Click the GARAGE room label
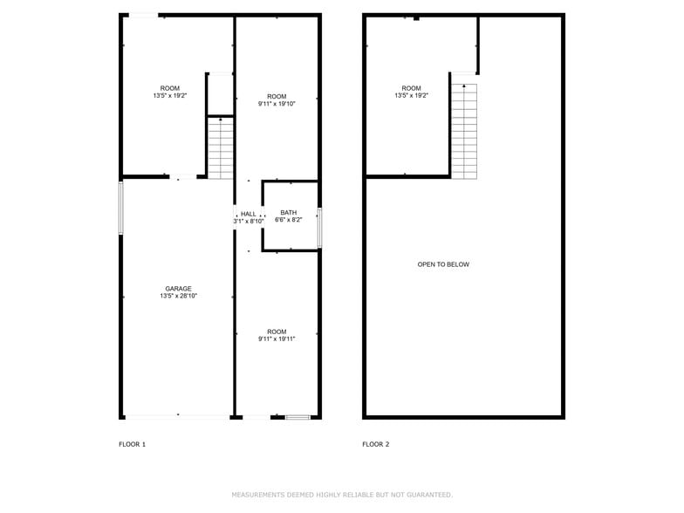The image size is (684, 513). pos(179,289)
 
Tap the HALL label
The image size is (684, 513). pos(249,214)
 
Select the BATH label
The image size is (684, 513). pos(289,213)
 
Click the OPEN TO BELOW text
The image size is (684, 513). pos(443,264)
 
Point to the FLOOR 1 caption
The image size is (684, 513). pos(133,444)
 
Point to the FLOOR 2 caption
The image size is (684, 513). pos(376,444)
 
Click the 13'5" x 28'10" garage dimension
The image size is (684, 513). pos(179,297)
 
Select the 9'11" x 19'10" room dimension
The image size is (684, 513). pos(277,104)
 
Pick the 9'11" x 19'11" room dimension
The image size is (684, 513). pos(277,339)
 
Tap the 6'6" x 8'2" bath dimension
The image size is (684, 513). pos(289,221)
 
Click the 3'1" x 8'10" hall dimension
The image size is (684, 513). pos(249,222)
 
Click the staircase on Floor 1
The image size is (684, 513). pos(221,148)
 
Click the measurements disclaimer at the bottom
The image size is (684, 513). pos(342,495)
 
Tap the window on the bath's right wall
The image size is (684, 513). pos(320,229)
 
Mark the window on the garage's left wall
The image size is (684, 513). pos(121,208)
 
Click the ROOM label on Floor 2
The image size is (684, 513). pos(412,88)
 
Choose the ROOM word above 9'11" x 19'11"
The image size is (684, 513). pos(277,332)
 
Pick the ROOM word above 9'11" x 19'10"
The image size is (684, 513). pos(277,96)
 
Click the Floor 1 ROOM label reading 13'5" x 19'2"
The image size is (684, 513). pos(170,88)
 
